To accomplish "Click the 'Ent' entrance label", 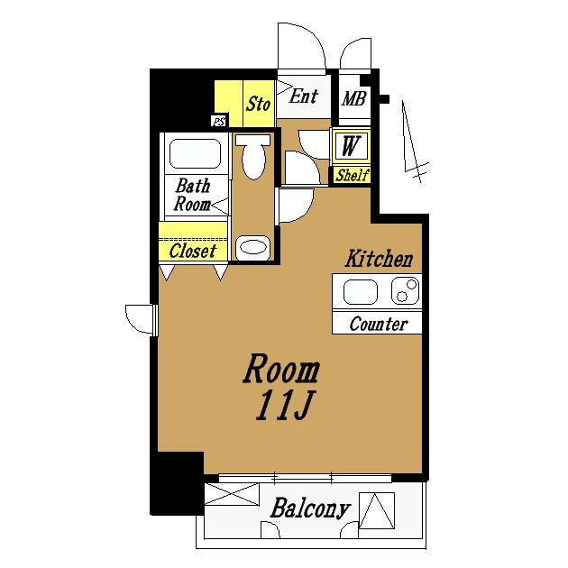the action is click(304, 96).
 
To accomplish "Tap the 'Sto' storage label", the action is click(258, 104).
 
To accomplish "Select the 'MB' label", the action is click(354, 98).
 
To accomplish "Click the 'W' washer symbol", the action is click(351, 146).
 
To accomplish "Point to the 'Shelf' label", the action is click(352, 175).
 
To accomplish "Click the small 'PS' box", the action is click(219, 122).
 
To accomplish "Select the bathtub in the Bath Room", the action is click(195, 153).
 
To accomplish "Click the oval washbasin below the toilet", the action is click(253, 247).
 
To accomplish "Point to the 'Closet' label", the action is click(193, 251).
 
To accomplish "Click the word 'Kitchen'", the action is click(379, 259).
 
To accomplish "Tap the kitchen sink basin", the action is click(360, 292).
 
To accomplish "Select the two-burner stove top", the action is click(406, 290).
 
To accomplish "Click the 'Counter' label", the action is click(378, 324).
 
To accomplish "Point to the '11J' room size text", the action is click(284, 406).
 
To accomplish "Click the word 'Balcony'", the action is click(310, 508).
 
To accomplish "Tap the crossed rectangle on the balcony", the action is click(233, 494).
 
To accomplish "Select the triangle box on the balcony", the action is click(377, 510).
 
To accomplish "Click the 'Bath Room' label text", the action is click(192, 195).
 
